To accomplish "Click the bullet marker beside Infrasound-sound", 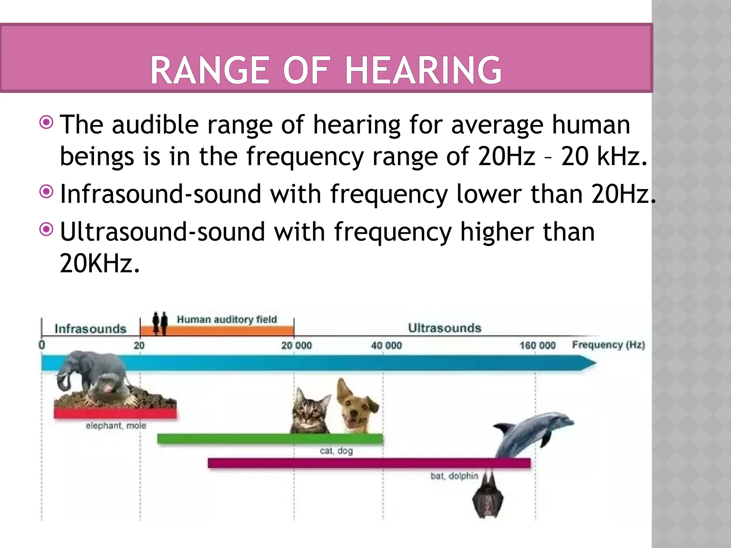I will (46, 192).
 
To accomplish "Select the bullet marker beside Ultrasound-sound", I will (46, 229).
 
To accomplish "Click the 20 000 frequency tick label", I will (296, 345).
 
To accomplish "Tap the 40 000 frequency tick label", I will (386, 345).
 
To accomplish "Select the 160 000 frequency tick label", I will (537, 345).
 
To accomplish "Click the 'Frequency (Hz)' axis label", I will (608, 345).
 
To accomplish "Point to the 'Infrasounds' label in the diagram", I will (90, 329).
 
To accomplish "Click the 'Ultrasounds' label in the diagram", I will (444, 328).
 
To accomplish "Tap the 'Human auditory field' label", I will (227, 319).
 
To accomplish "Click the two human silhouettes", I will (160, 323).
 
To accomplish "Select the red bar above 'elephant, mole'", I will (115, 413).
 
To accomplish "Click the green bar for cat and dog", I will (270, 439).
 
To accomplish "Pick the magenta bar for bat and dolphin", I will (369, 463).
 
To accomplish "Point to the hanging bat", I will (488, 496).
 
